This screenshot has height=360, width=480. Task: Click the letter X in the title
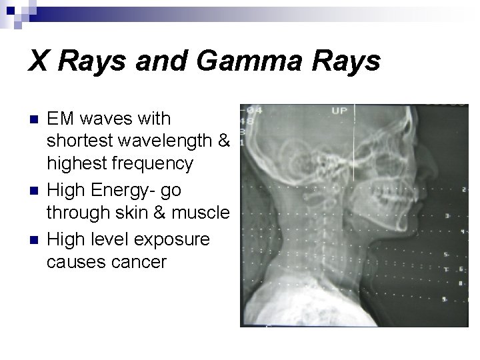point(37,62)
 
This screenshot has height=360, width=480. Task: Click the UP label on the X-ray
point(339,111)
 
